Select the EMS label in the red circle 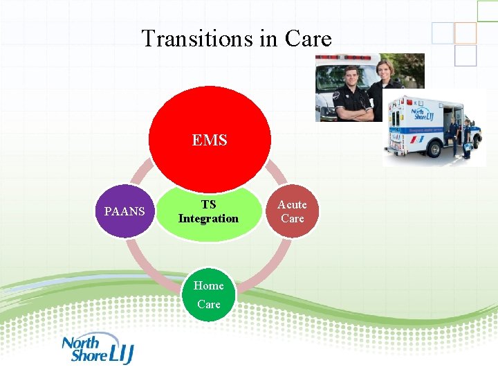coord(209,141)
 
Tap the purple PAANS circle coord(124,211)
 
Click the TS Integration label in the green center coord(208,212)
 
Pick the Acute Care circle coord(292,211)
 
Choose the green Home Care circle coord(208,294)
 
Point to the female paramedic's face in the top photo coord(385,69)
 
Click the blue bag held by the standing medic coord(468,147)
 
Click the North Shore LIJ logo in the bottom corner coord(96,348)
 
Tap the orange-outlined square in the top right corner coord(465,33)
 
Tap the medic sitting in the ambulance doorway coord(453,132)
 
